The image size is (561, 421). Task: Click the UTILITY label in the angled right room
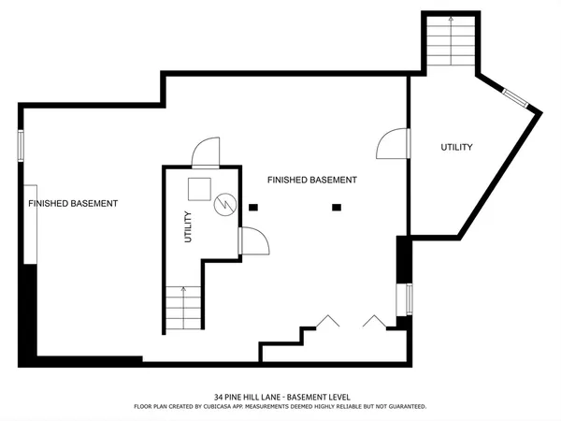pos(456,148)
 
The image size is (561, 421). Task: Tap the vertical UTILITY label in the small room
pos(188,227)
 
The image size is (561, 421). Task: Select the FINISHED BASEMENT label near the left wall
pos(73,203)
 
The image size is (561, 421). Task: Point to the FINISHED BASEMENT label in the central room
pos(311,180)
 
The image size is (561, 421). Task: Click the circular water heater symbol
pos(224,203)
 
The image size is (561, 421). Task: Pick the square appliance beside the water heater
pos(198,188)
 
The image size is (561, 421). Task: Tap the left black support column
pos(252,207)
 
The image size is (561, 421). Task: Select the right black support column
pos(337,207)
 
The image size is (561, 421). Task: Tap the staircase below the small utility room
pos(182,307)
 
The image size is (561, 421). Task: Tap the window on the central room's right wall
pos(409,299)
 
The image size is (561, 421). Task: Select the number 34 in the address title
pos(219,397)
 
